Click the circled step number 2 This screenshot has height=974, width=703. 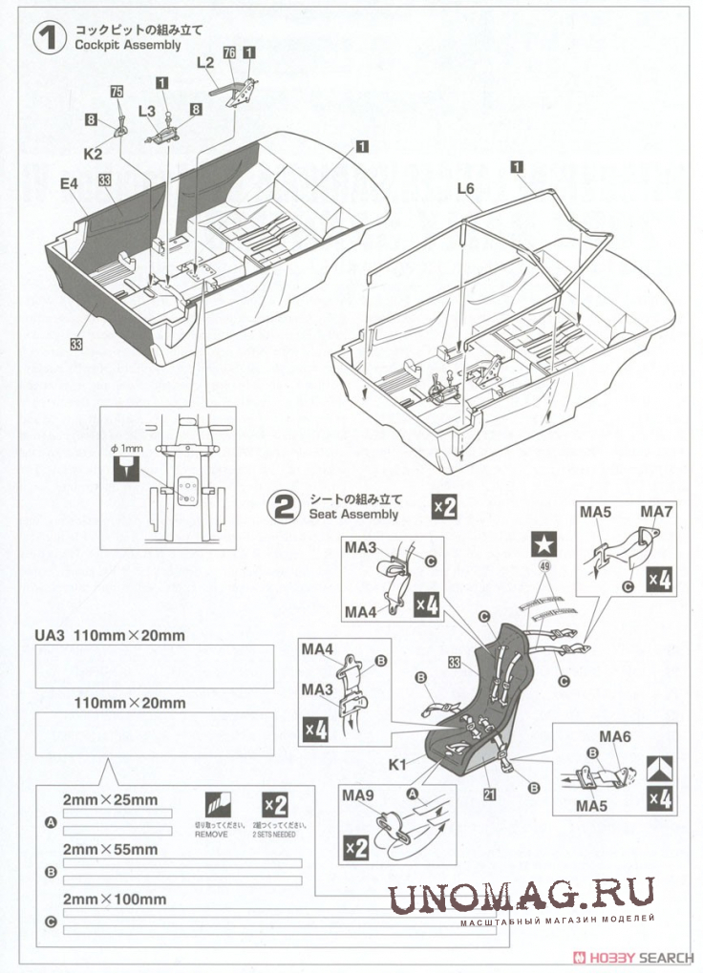click(x=284, y=505)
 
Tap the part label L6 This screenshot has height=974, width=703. click(x=465, y=189)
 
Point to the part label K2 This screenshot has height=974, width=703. click(x=93, y=152)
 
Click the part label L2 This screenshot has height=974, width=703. click(x=205, y=62)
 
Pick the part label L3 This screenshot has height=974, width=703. click(x=146, y=112)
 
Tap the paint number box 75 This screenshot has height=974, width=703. click(x=117, y=92)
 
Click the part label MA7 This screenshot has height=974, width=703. click(x=657, y=513)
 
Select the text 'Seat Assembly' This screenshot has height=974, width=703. click(x=353, y=515)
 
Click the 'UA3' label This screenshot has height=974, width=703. click(x=48, y=634)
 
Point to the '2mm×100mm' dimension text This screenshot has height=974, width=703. click(x=115, y=899)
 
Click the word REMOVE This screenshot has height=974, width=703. click(x=212, y=834)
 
